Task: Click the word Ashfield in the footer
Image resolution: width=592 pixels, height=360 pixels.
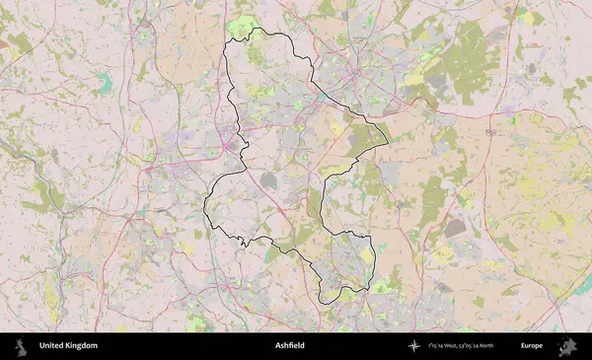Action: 290,346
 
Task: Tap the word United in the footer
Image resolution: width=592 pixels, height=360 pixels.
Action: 52,346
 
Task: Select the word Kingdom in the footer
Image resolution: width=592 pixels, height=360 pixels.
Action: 82,346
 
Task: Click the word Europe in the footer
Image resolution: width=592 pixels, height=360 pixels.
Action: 532,346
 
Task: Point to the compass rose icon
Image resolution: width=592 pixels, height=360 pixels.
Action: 414,346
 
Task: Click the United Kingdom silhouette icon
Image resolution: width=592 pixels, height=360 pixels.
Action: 22,346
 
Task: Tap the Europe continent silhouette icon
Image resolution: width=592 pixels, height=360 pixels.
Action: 568,346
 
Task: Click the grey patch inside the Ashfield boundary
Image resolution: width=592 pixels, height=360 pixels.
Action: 270,180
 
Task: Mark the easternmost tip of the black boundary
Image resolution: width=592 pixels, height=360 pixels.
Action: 388,139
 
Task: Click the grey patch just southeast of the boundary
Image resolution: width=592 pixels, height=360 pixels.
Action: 454,229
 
